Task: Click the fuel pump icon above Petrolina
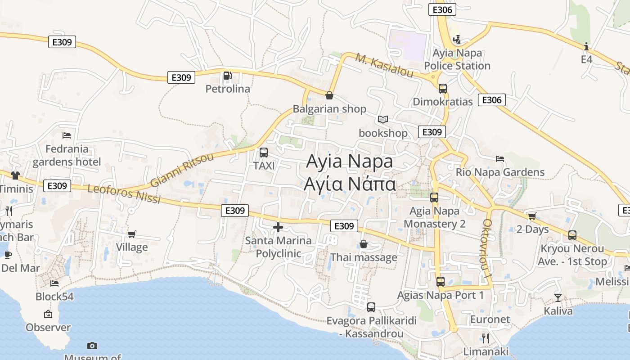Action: point(228,76)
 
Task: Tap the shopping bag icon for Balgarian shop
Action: point(329,95)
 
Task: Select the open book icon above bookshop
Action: point(383,119)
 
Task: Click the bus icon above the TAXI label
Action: point(264,153)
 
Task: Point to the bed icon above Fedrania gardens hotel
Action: point(67,135)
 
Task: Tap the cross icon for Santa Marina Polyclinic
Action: point(278,227)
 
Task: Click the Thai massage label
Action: point(364,257)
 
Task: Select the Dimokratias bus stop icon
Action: point(443,88)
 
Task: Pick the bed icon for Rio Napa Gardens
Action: point(500,158)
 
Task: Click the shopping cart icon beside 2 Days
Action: point(532,216)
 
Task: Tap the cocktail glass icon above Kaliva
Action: point(558,297)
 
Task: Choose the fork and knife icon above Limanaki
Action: point(485,338)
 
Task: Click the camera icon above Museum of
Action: point(92,346)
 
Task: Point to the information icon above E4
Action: point(586,46)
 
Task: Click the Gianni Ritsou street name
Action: point(182,170)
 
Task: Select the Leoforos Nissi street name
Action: point(124,193)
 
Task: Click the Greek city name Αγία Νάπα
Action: point(350,184)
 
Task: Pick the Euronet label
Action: point(490,319)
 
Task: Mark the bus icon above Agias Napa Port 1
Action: point(441,282)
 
